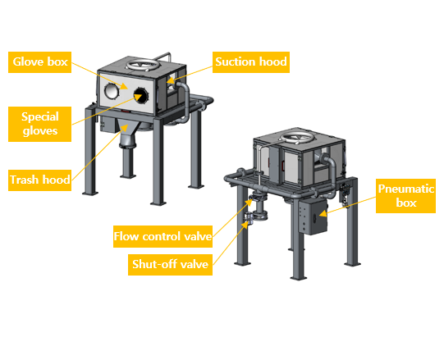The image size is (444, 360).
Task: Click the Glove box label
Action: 39,62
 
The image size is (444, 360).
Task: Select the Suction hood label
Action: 251,62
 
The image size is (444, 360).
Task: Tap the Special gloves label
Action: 39,124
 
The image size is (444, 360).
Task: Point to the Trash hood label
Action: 39,180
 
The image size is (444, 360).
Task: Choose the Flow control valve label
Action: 162,236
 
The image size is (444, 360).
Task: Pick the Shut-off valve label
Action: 170,264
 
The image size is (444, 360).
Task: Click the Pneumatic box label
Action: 405,196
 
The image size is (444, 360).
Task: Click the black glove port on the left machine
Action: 140,95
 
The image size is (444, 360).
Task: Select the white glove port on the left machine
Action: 112,91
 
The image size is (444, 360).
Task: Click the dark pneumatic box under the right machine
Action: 313,216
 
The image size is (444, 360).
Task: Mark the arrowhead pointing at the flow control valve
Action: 249,202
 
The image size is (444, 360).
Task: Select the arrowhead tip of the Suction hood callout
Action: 167,82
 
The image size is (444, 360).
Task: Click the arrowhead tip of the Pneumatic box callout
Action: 319,215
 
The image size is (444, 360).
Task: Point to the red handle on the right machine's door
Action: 282,166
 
